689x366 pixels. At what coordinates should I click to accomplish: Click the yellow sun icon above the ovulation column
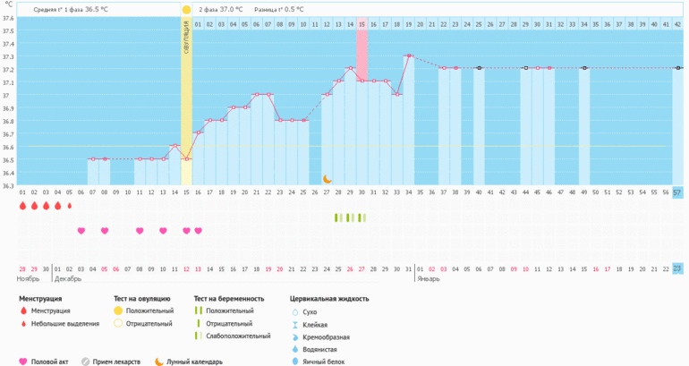pyautogui.click(x=186, y=10)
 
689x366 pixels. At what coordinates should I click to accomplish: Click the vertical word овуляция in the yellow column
pyautogui.click(x=186, y=39)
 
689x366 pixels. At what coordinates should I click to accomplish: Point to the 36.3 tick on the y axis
pyautogui.click(x=7, y=186)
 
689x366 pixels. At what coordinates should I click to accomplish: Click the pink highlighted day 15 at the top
pyautogui.click(x=362, y=24)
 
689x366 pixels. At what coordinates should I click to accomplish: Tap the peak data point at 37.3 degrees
pyautogui.click(x=409, y=55)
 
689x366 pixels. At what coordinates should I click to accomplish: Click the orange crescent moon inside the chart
pyautogui.click(x=327, y=179)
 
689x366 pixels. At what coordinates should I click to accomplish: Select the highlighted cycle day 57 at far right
pyautogui.click(x=677, y=192)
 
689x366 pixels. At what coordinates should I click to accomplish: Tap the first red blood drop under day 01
pyautogui.click(x=22, y=206)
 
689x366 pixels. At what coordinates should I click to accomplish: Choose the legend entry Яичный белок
pyautogui.click(x=325, y=362)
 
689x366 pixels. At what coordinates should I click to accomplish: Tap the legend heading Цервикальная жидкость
pyautogui.click(x=329, y=299)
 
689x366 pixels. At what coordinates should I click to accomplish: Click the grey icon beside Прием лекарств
pyautogui.click(x=86, y=362)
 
